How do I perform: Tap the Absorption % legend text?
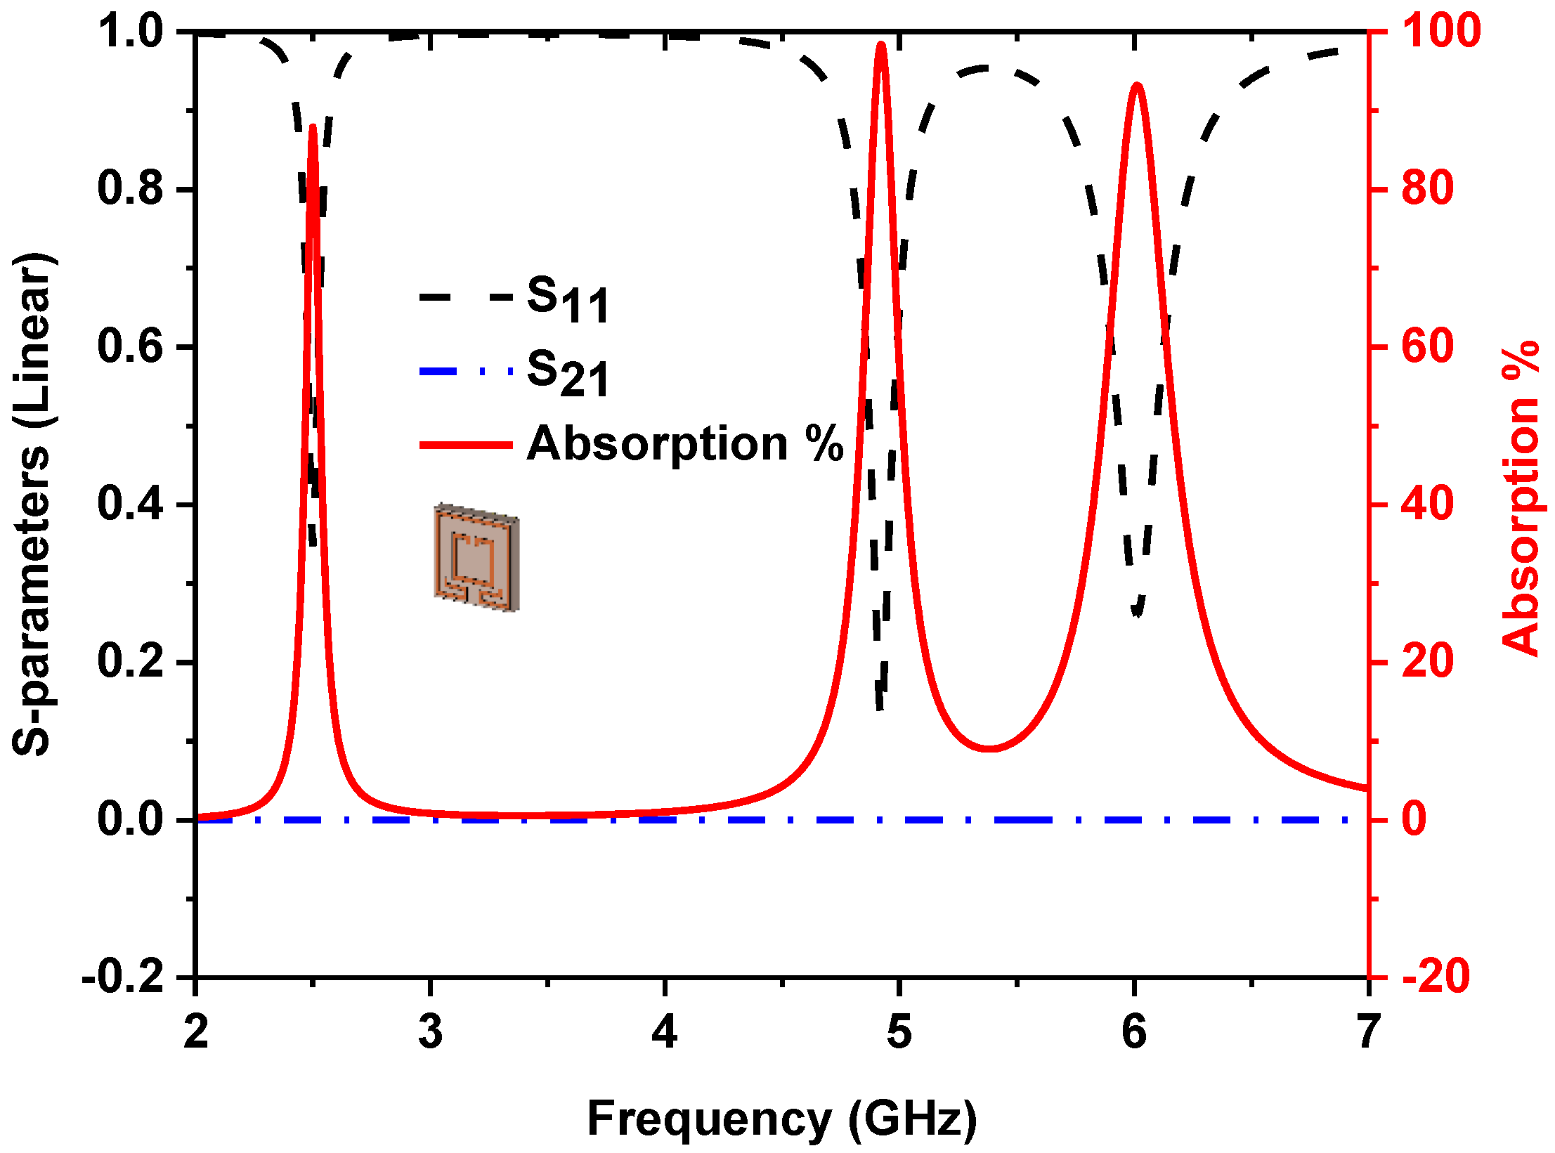684,444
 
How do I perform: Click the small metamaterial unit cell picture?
476,558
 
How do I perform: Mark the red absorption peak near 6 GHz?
1137,86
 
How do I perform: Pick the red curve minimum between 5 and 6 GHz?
989,748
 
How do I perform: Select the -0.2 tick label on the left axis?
124,977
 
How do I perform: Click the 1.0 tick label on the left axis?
131,31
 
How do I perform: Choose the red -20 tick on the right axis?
1435,977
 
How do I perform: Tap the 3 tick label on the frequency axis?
430,1032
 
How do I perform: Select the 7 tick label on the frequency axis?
1367,1032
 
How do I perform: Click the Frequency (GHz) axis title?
781,1119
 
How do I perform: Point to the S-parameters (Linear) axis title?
34,504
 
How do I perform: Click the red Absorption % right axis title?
1521,499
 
